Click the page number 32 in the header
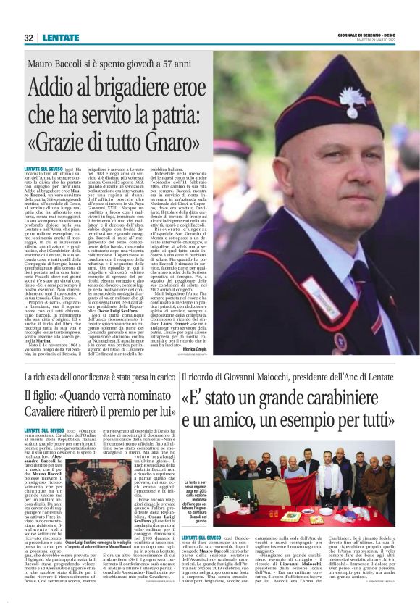click(28, 38)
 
